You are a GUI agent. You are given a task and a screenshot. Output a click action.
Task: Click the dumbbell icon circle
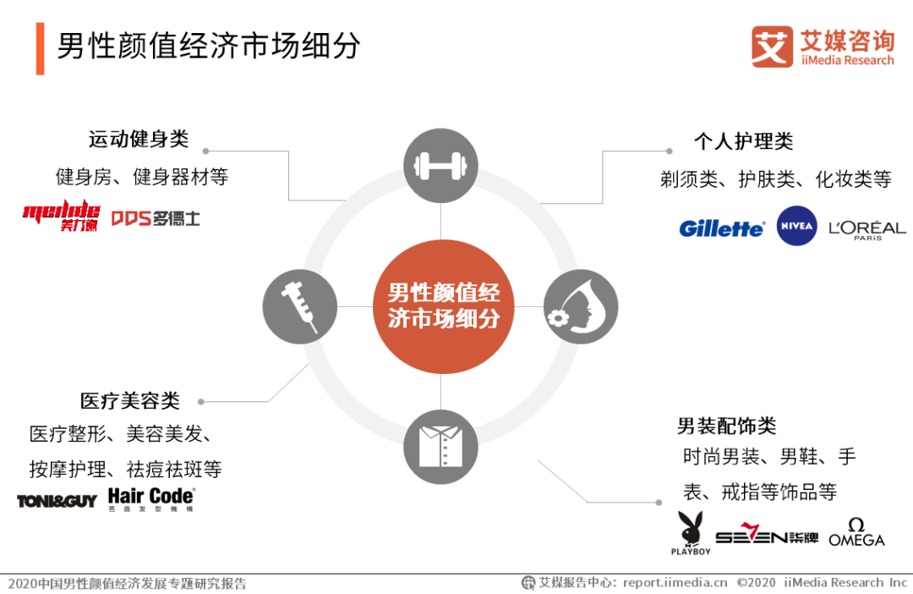pos(440,166)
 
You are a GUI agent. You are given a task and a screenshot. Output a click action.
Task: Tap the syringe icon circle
pos(300,306)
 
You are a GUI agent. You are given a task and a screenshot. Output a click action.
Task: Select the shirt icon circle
pos(440,446)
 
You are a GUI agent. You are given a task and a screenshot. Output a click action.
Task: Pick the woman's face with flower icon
pos(581,306)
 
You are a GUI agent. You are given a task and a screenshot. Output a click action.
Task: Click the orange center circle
pos(443,305)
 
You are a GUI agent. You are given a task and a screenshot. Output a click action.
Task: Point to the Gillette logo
pos(721,228)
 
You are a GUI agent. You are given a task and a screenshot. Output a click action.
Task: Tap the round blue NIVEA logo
pos(796,226)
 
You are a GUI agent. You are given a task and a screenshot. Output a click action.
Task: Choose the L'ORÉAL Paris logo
pos(867,229)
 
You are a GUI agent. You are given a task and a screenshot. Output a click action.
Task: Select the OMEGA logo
pos(856,532)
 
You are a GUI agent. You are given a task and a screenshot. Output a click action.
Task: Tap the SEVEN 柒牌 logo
pos(766,536)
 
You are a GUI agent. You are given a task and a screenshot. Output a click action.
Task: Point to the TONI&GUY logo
pos(57,501)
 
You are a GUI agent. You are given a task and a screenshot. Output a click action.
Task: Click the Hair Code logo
pos(151,498)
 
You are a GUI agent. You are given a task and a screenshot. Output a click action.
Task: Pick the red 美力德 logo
pos(61,217)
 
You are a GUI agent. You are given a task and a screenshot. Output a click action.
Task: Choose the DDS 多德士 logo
pos(156,217)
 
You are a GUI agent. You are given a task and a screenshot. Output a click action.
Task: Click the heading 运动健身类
pos(139,139)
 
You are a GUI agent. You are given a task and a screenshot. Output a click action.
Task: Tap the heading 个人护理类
pos(743,141)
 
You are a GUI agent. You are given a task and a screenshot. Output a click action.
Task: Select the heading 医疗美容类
pos(130,400)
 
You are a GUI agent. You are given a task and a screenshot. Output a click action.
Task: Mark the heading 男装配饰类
pos(726,426)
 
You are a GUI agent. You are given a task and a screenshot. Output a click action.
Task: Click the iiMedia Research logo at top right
pos(822,47)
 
